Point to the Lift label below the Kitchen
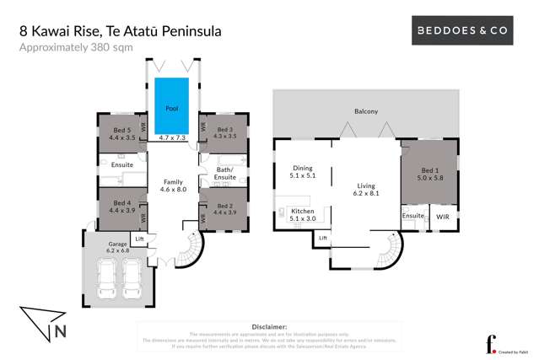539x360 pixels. coord(322,239)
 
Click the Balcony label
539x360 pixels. coord(366,111)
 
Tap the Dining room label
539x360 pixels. coord(302,168)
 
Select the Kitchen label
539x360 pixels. coord(302,210)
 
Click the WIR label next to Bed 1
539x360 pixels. coord(443,217)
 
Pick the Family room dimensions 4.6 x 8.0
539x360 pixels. coord(174,190)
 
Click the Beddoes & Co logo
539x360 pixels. coord(465,30)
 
